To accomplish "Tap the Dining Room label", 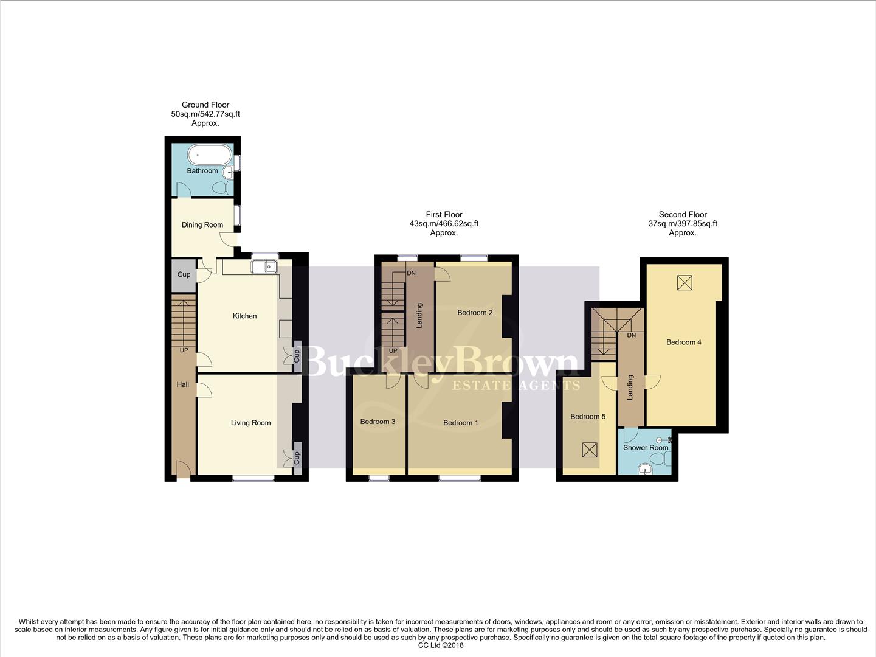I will [x=202, y=225].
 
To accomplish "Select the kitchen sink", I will [x=267, y=267].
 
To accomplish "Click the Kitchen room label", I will [x=244, y=316].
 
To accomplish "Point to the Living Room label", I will [x=250, y=423].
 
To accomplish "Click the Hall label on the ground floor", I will [x=183, y=384].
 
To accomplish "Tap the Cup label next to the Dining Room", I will [x=184, y=275].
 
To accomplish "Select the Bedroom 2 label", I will [x=475, y=313].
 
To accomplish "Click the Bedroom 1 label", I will [x=460, y=423].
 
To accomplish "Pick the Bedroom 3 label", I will [x=378, y=422].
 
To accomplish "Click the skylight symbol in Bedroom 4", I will [x=685, y=282].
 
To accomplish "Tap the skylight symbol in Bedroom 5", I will [x=589, y=450].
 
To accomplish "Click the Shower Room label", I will [x=646, y=448].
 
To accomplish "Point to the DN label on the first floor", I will [x=412, y=274].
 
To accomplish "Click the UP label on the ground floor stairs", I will [x=184, y=350].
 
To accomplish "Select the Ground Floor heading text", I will [x=205, y=105].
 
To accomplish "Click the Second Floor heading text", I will [x=683, y=214].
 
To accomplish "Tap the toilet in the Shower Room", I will [x=644, y=468].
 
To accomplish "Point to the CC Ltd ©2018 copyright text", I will [x=441, y=645].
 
